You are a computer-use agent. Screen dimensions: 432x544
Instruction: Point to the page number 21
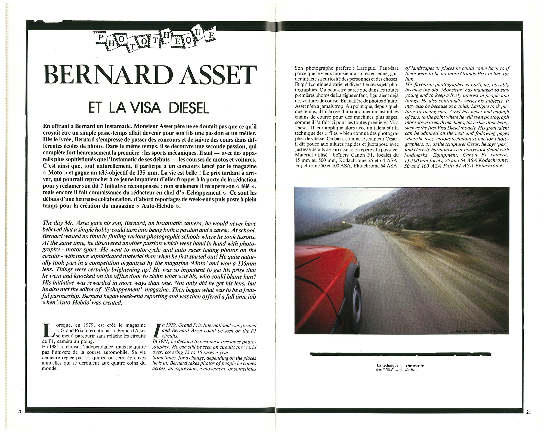coord(528,419)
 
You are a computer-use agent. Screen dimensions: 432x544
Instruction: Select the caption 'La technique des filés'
coord(387,368)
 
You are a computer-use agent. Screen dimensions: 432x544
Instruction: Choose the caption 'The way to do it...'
coord(415,368)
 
